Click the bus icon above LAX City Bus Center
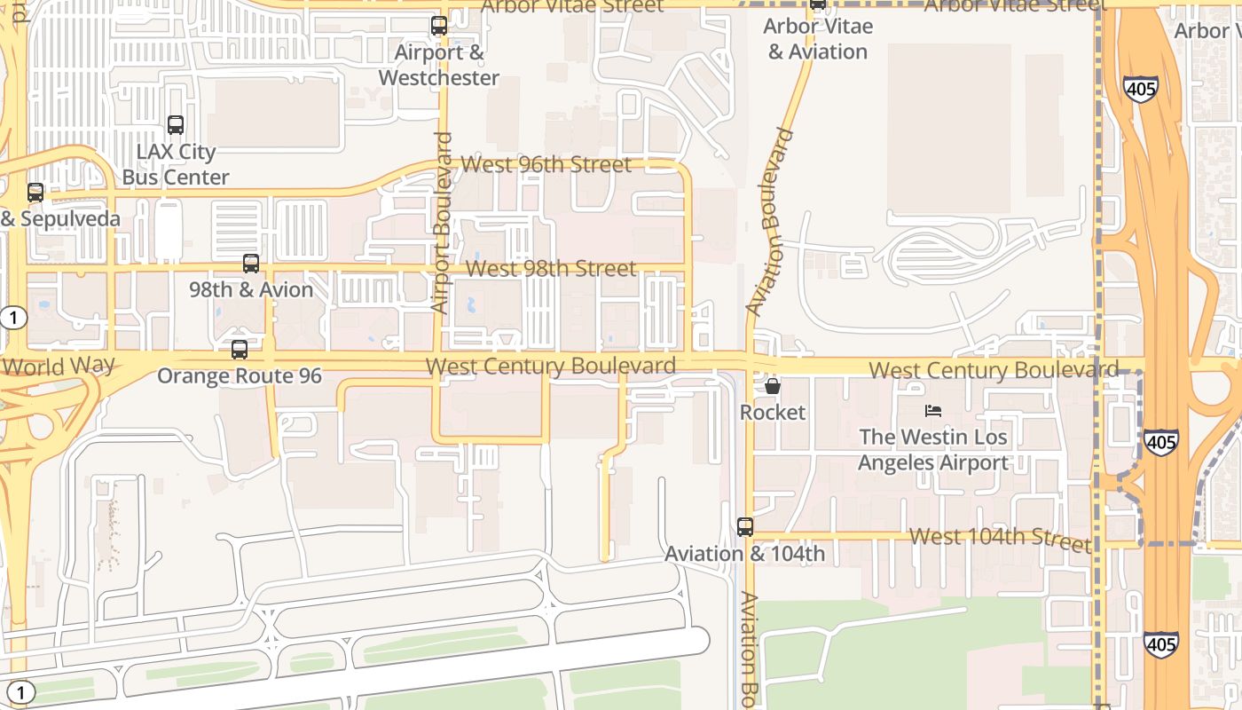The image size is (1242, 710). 176,125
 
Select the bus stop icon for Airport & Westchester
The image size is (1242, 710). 439,26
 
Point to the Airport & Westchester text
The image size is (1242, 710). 439,66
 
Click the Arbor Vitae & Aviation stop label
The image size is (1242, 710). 817,39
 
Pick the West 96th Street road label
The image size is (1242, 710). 546,164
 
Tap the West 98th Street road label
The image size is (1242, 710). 551,268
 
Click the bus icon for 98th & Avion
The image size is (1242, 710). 251,264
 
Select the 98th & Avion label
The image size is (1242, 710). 251,290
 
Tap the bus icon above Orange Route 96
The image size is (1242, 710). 240,350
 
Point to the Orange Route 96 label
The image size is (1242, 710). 240,376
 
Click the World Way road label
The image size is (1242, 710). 59,366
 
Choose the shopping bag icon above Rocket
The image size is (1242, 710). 773,386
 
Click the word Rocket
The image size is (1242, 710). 773,413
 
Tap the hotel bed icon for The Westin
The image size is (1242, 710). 933,410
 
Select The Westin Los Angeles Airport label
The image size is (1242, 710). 933,450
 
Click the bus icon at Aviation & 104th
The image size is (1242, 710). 745,527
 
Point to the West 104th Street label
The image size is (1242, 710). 1000,538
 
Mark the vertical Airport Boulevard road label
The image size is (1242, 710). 442,223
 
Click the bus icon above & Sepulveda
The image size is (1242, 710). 35,192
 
